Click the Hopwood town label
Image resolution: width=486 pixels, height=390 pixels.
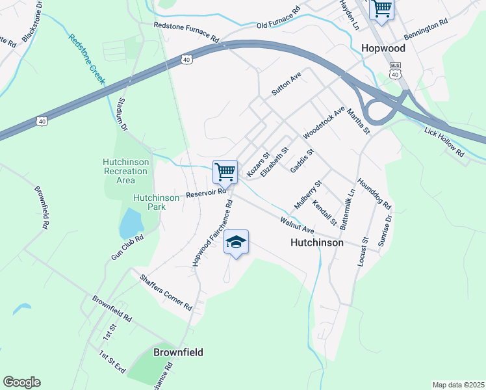[383, 49]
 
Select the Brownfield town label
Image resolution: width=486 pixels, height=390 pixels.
[178, 352]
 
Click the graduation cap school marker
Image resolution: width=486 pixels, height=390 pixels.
[237, 242]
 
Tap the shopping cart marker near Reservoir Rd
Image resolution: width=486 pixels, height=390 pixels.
[225, 172]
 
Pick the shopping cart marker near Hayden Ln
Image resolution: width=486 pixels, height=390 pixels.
[381, 9]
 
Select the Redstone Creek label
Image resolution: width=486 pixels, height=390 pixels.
[86, 57]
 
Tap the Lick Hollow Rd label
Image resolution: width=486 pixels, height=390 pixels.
[444, 142]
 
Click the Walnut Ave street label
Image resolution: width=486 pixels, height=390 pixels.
[297, 226]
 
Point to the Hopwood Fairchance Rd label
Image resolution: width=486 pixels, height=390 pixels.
[212, 233]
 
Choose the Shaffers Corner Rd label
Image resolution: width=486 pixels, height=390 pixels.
[166, 291]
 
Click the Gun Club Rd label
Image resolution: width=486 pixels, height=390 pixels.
[127, 248]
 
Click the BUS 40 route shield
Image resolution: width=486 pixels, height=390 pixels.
[394, 70]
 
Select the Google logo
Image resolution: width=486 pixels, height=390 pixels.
[21, 382]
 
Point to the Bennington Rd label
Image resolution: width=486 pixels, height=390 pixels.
[426, 30]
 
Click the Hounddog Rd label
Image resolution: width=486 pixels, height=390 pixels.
[374, 194]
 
